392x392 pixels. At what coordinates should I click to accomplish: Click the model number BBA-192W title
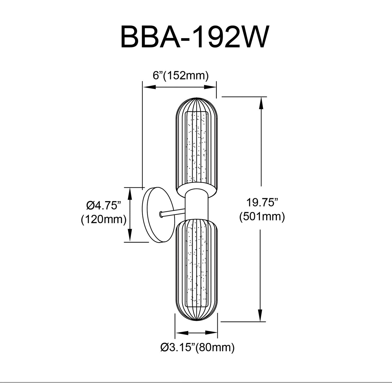(x=195, y=36)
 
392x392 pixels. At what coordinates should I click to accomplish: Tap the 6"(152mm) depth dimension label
(x=181, y=76)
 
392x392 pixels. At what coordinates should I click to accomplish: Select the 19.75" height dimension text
(x=262, y=202)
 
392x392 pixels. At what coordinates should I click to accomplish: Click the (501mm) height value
(x=262, y=217)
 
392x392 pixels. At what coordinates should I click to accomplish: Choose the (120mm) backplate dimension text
(x=104, y=220)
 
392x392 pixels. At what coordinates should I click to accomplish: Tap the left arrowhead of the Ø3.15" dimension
(x=182, y=333)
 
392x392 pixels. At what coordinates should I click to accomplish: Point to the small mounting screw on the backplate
(x=160, y=215)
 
